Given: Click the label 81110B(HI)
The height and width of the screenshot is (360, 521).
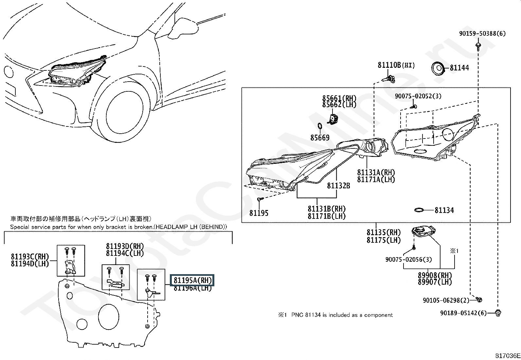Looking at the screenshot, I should [x=396, y=65].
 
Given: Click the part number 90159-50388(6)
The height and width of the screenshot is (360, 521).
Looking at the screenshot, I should [x=482, y=33].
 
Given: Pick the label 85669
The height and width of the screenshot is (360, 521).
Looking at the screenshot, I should [x=320, y=138].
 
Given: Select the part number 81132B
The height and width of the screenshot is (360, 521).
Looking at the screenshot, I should [x=338, y=186].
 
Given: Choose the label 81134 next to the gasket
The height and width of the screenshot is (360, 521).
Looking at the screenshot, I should [x=444, y=210].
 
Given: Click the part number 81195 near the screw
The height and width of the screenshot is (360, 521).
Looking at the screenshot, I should [x=259, y=213].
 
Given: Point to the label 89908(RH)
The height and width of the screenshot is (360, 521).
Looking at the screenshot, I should [x=435, y=275].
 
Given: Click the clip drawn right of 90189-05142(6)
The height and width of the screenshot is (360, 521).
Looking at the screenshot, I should [x=498, y=313].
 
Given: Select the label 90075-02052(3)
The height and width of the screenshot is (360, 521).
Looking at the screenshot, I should [x=418, y=96].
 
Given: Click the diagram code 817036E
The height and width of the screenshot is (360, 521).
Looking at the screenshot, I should [x=507, y=356].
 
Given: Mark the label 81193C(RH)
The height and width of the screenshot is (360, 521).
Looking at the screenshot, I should [x=29, y=256].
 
